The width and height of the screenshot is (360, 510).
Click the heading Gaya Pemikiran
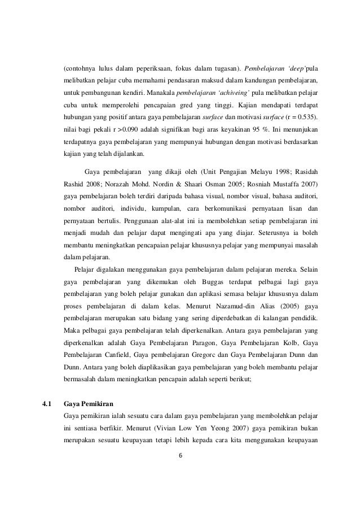[x=89, y=404]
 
